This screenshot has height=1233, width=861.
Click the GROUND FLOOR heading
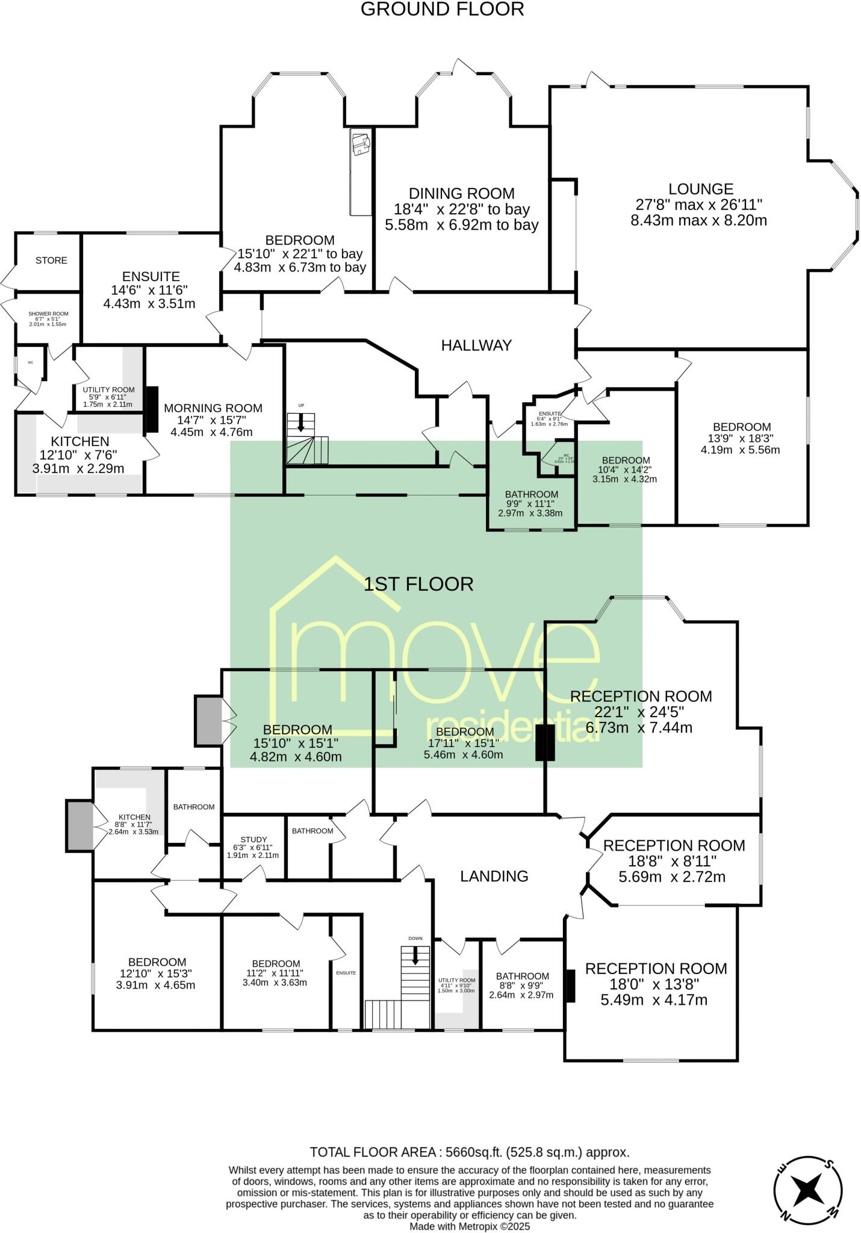442,10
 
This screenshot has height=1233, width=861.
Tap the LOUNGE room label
700,189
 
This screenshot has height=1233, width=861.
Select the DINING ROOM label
462,194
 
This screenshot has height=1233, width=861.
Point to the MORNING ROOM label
213,408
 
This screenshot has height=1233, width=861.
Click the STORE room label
51,261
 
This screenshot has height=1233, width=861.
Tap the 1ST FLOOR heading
418,584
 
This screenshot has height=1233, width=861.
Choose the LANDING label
494,877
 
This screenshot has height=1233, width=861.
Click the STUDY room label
253,839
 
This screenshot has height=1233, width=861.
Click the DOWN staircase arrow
415,957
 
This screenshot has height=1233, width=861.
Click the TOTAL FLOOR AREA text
470,1152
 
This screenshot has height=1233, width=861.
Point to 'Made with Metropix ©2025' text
470,1226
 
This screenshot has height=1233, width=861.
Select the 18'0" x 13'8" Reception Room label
656,969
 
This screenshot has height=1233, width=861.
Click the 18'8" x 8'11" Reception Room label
674,845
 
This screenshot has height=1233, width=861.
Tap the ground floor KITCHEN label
79,442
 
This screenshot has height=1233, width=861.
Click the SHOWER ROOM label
48,314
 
